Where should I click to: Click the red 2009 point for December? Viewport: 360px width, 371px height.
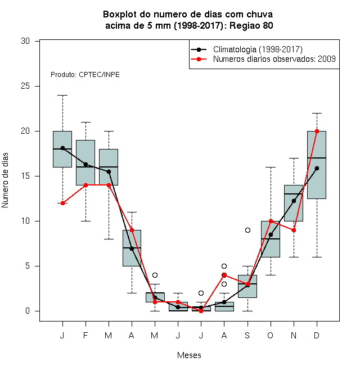point(317,132)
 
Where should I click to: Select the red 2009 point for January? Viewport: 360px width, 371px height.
point(62,203)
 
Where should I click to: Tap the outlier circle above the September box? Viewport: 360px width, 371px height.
point(247,230)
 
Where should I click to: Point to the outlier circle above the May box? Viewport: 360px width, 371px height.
point(155,275)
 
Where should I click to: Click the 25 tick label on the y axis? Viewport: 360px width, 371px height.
point(25,86)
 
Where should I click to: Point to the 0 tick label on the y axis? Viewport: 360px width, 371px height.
point(28,311)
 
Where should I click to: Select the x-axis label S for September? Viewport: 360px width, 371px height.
point(247,336)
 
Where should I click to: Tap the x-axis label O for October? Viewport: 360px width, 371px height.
point(271,336)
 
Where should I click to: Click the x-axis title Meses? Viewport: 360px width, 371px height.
point(189,355)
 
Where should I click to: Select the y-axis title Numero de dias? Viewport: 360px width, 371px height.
point(5,180)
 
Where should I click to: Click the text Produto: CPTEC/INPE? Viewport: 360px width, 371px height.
point(85,75)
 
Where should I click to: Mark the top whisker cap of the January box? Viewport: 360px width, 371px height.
point(62,96)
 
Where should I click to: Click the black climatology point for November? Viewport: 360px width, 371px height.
point(294,201)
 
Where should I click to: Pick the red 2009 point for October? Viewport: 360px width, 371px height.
point(271,221)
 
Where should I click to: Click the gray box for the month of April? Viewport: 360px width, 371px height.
point(132,248)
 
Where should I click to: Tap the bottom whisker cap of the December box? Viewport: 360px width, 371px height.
point(317,257)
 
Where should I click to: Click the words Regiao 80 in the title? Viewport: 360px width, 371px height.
point(251,25)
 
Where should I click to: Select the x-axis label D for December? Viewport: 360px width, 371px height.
point(317,336)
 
